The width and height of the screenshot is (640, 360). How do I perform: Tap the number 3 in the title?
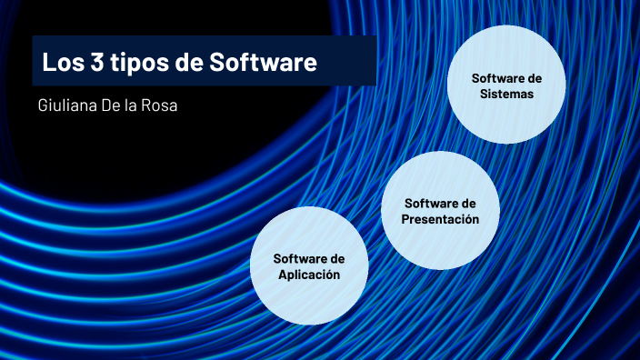(95, 64)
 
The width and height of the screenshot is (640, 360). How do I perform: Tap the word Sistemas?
(506, 94)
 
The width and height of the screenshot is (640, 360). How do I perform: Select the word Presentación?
(439, 219)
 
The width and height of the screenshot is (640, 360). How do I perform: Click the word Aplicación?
(309, 275)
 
